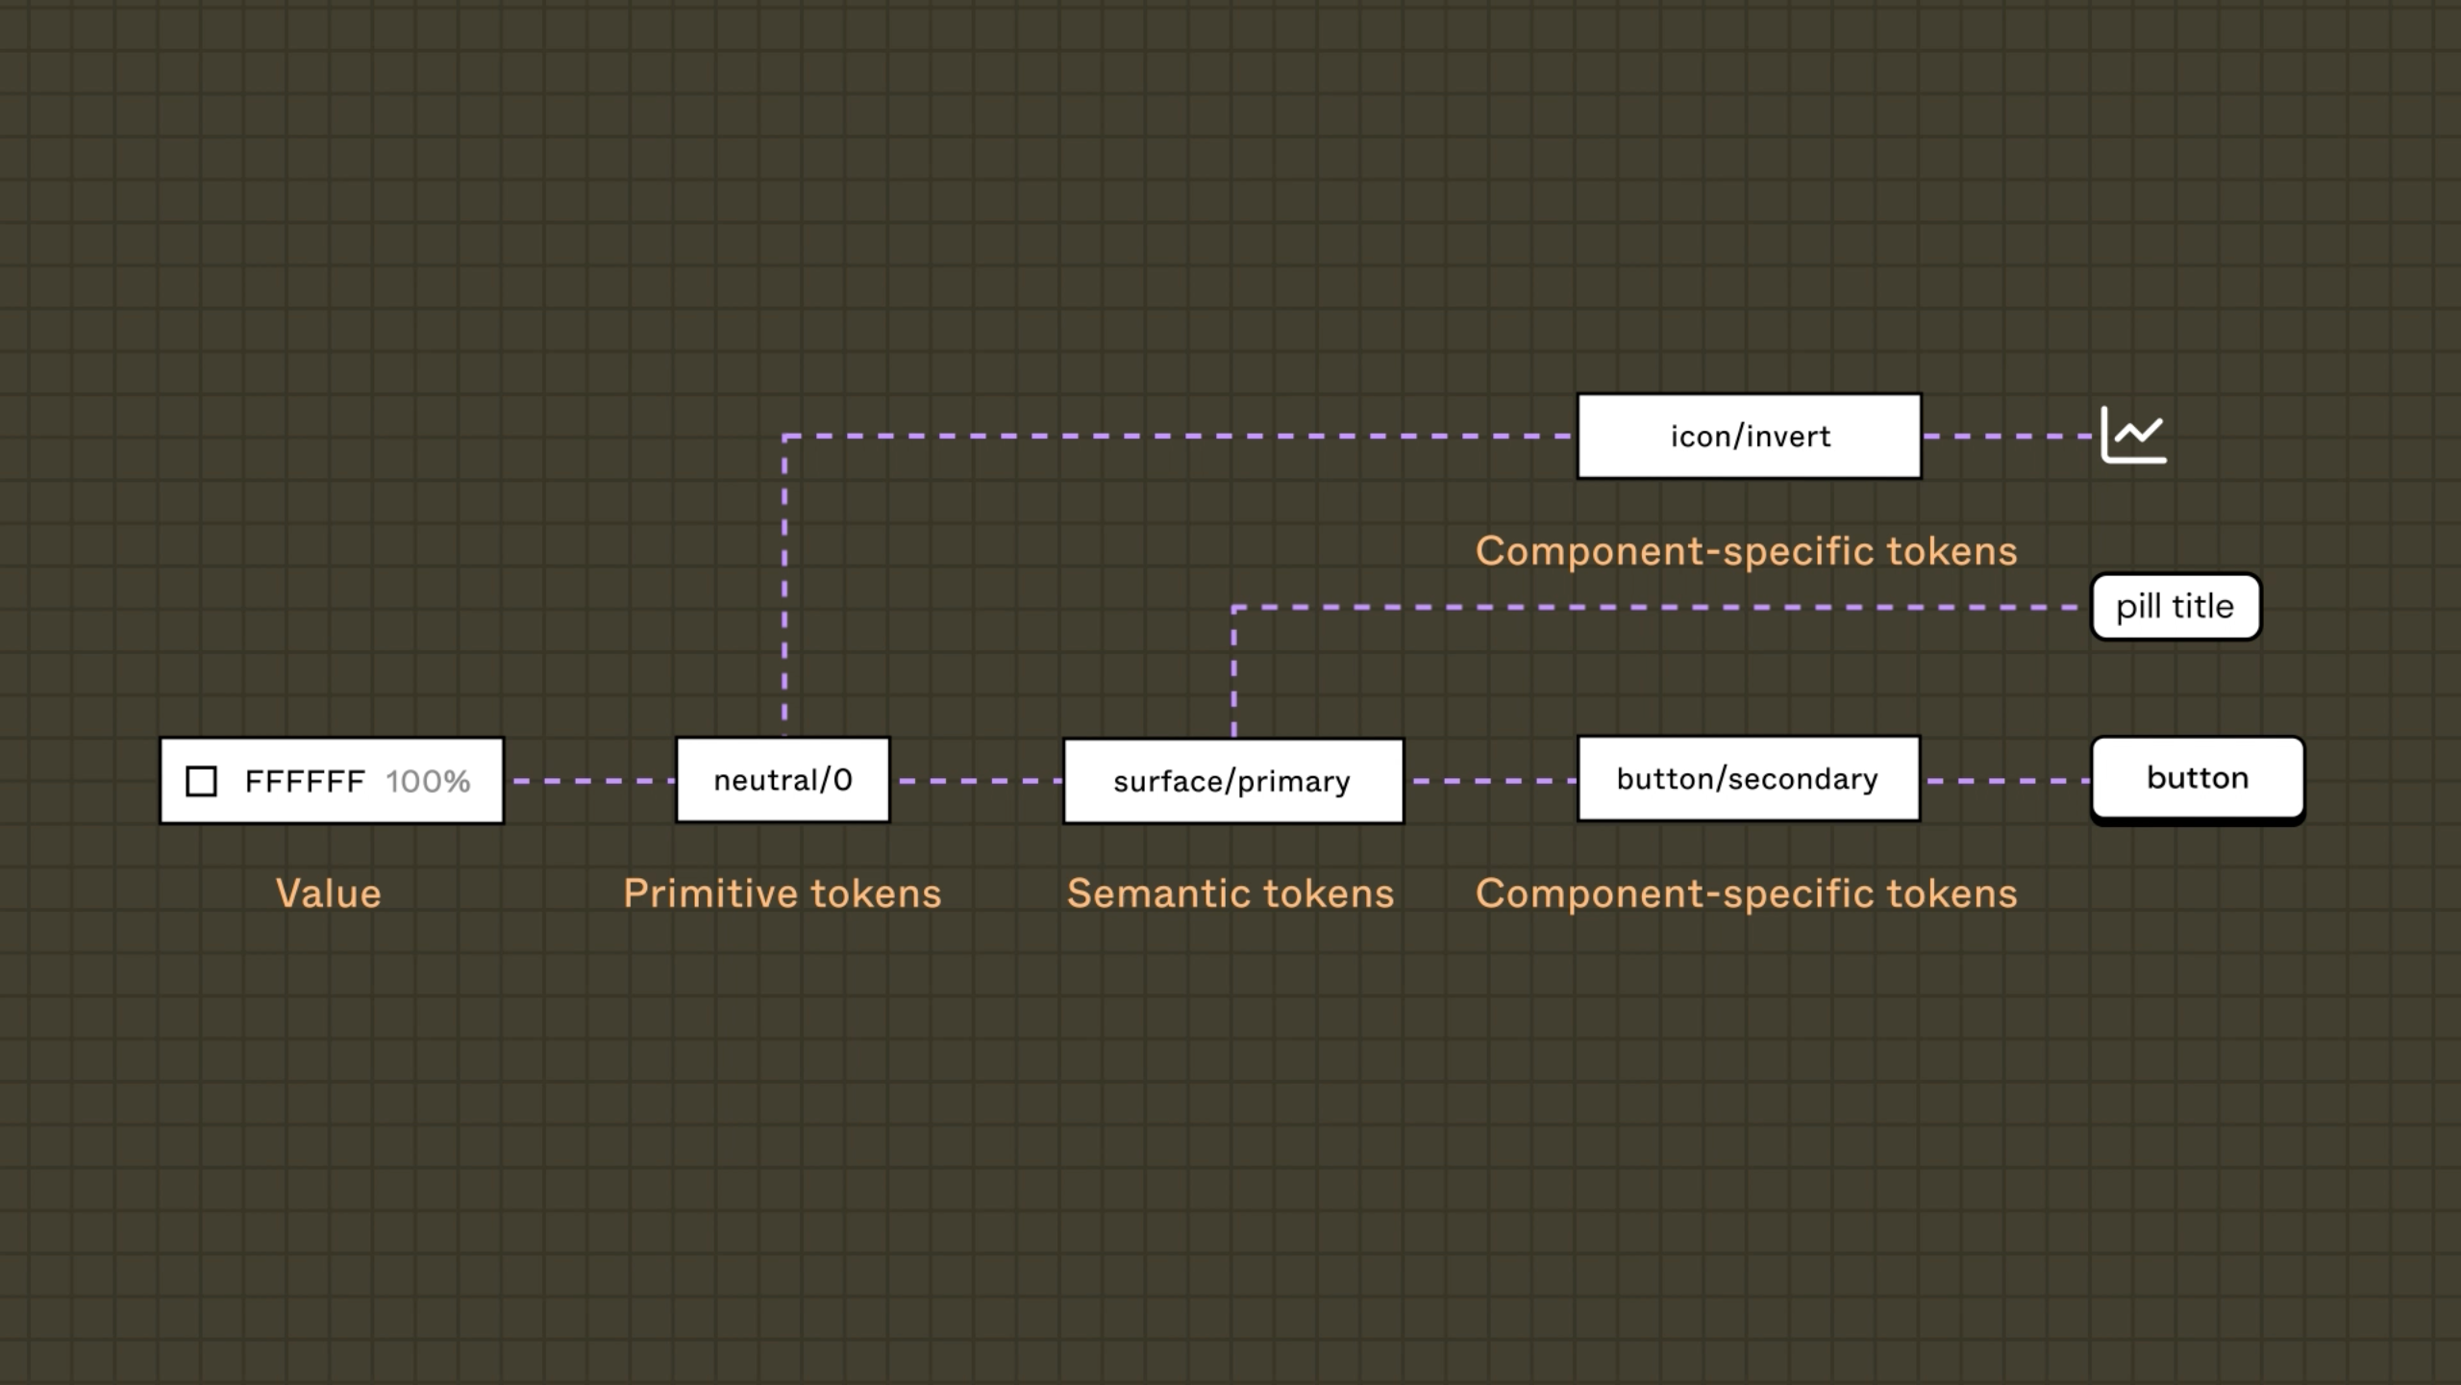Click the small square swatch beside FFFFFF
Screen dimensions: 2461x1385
201,781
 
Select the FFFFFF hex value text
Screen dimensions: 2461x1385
305,781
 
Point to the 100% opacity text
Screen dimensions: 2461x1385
428,781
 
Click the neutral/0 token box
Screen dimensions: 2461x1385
783,780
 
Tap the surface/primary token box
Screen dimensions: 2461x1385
1233,781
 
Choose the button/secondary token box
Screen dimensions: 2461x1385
1749,779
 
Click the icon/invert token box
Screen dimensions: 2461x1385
1750,436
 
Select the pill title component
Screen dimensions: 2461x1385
2176,607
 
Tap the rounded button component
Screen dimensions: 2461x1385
2199,780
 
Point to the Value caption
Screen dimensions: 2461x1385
329,894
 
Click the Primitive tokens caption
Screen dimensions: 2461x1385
783,894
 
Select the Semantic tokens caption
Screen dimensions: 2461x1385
1230,894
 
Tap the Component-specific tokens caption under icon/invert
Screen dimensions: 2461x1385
1747,551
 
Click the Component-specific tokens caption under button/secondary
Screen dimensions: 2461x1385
1747,894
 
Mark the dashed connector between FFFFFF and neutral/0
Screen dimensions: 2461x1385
590,781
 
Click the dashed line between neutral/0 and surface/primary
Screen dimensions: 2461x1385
978,781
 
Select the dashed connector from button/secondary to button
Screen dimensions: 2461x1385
2006,781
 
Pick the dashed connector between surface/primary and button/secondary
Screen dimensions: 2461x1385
1491,781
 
